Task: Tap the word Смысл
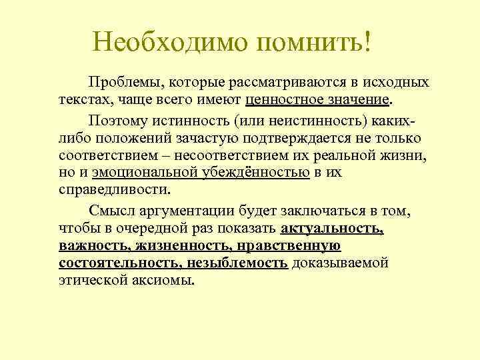point(126,212)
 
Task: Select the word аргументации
point(201,212)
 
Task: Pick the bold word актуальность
point(332,229)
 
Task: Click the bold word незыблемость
point(238,263)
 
